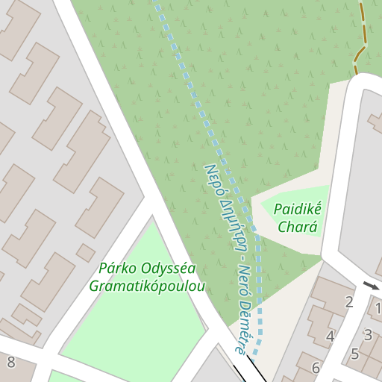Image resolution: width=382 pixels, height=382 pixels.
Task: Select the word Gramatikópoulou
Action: click(x=147, y=286)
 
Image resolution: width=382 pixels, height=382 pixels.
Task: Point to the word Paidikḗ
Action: click(x=297, y=209)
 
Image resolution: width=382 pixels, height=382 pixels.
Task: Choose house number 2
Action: click(x=348, y=302)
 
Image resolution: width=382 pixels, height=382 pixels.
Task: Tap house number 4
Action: click(x=330, y=336)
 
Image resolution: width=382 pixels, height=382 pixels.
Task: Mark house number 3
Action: click(x=368, y=336)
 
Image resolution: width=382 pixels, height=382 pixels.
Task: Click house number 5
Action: click(x=355, y=354)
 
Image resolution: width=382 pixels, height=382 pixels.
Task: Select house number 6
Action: click(x=316, y=368)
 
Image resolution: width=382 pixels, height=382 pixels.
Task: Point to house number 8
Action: click(x=10, y=363)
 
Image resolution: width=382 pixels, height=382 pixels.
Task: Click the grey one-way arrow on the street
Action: click(x=371, y=285)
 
